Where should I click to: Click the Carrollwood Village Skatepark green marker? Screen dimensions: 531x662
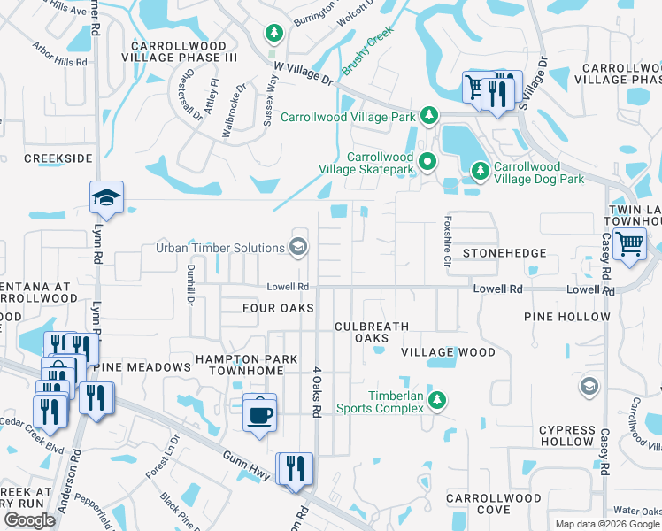[x=428, y=162]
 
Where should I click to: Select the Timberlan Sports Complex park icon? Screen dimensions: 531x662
[x=436, y=402]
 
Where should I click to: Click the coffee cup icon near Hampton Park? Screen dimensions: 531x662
[x=259, y=412]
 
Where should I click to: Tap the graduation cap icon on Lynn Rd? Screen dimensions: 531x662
[x=106, y=198]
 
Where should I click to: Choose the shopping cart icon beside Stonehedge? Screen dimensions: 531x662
[x=629, y=242]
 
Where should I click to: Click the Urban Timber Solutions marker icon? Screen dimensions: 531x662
[x=299, y=247]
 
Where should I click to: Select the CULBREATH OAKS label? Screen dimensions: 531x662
[x=372, y=332]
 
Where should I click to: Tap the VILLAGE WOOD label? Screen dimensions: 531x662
[x=448, y=352]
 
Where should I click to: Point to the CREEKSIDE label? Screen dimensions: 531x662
[x=58, y=158]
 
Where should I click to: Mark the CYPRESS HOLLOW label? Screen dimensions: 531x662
[x=566, y=435]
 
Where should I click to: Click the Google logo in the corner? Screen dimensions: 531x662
[x=29, y=520]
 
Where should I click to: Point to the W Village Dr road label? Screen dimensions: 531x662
[x=302, y=73]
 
